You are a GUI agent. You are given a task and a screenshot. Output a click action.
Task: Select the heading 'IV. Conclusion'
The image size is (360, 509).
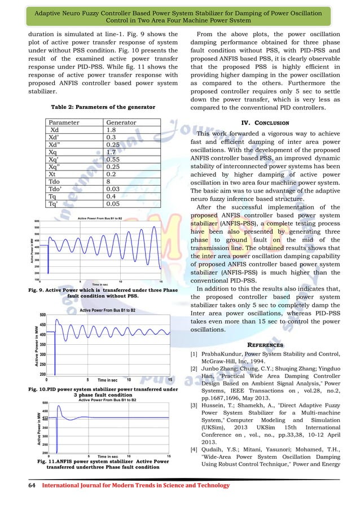point(265,122)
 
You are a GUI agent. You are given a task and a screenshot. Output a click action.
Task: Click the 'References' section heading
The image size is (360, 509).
point(265,345)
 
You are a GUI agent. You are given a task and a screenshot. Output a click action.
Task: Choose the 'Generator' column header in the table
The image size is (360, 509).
point(121,122)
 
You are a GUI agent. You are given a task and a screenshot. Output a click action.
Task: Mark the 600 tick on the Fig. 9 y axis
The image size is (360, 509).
point(36,221)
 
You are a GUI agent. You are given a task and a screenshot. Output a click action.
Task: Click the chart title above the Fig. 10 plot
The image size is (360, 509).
point(107,310)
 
